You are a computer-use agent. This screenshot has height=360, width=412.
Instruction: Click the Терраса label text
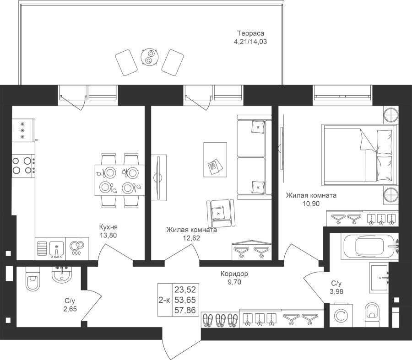coord(250,33)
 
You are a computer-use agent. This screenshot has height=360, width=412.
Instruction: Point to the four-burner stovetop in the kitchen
coord(23,166)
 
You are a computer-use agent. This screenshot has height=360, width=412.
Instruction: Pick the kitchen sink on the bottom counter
coord(55,248)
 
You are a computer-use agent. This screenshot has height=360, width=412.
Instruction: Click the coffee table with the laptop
coord(214,159)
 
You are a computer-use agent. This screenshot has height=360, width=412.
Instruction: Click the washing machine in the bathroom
coord(340,316)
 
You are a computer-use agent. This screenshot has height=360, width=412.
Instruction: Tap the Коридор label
coord(234,274)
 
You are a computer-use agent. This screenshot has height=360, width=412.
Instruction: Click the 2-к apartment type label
coord(164,299)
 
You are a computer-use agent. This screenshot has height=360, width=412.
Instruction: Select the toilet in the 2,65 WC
coord(33,280)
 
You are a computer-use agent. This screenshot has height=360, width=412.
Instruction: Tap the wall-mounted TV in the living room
coord(158,177)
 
